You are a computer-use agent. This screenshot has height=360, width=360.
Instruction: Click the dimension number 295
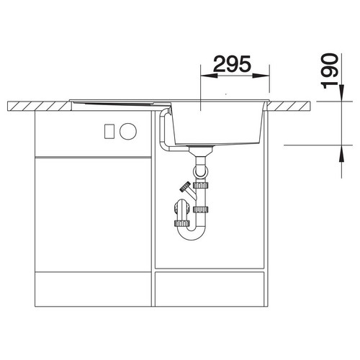tap(232, 64)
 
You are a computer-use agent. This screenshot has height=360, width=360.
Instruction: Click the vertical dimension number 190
tap(330, 71)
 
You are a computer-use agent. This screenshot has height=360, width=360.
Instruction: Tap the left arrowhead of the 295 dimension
tap(209, 76)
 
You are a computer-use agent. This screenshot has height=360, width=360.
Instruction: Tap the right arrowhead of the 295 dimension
tap(261, 76)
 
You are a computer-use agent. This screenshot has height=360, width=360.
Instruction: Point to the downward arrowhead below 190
tap(342, 93)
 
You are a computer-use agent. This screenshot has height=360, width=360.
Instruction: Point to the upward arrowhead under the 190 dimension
tap(342, 153)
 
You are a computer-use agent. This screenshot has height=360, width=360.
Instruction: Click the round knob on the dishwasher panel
tap(128, 131)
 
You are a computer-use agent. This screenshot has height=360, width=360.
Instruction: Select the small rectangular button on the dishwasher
tap(109, 131)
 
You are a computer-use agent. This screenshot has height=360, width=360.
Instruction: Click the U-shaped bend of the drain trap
tap(192, 233)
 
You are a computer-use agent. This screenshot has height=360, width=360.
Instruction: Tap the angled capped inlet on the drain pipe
tap(188, 189)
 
